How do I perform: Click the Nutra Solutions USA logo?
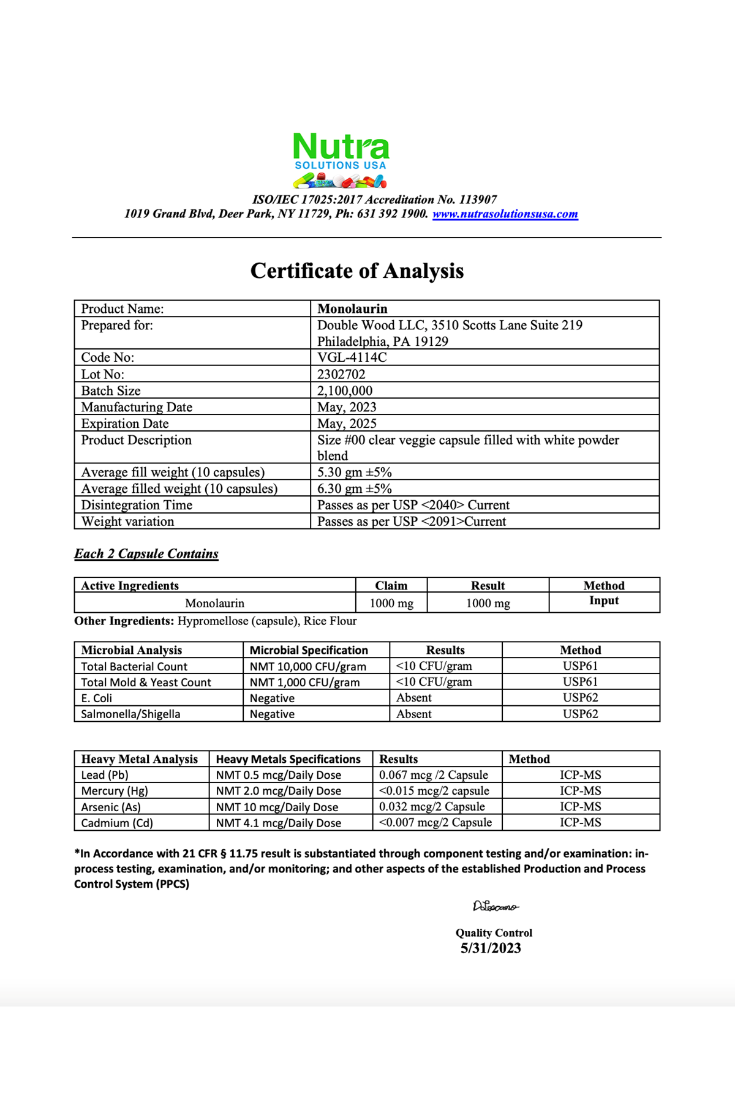point(341,159)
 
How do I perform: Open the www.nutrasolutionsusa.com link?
point(505,214)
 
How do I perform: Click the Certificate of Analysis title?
point(357,271)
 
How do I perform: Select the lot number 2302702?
point(341,374)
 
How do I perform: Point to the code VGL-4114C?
point(352,358)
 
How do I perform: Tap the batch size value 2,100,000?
point(345,391)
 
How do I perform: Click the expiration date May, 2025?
point(347,424)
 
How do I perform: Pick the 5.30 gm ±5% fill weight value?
point(354,472)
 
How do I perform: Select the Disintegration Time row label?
point(137,505)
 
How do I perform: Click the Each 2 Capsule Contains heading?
point(146,553)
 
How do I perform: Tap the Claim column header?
point(391,585)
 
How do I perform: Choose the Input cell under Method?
point(604,601)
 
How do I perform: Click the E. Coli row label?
point(97,698)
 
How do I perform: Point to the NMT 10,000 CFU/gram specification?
point(307,666)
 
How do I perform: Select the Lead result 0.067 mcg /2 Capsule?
point(434,775)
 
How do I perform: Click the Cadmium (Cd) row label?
point(117,823)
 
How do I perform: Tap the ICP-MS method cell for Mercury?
point(580,791)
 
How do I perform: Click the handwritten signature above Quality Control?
point(495,906)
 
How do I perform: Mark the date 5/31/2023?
point(491,948)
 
